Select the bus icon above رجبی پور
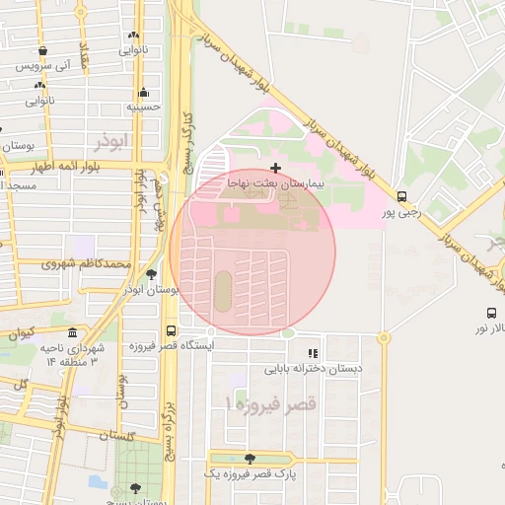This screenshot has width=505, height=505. (x=401, y=196)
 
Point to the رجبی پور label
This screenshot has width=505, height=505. (x=401, y=211)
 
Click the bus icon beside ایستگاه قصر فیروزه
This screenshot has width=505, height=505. (x=172, y=331)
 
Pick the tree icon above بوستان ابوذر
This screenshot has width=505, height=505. (x=151, y=274)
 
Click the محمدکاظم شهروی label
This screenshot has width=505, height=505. (x=87, y=264)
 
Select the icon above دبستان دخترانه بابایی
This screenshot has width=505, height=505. (x=313, y=353)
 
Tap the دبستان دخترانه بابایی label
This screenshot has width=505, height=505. (x=313, y=369)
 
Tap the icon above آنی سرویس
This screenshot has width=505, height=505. (x=41, y=50)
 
